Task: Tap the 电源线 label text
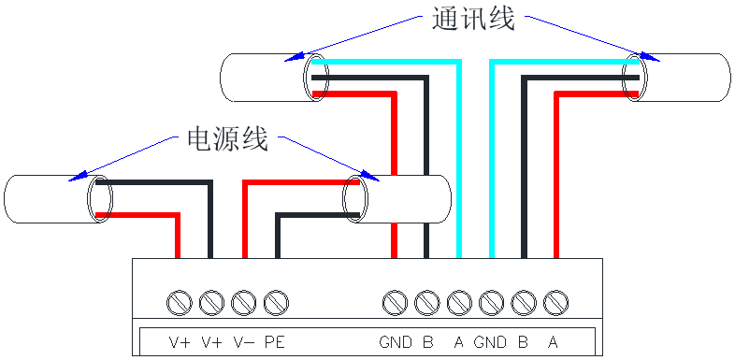tap(227, 139)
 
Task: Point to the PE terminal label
tap(275, 342)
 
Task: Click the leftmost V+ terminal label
tap(180, 342)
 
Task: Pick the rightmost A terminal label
tap(554, 342)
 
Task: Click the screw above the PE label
tap(275, 302)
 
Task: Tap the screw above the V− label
tap(243, 302)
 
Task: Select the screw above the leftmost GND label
tap(396, 302)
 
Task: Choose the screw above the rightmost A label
tap(555, 302)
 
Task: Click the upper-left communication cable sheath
tap(262, 78)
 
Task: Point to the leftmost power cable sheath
tap(47, 199)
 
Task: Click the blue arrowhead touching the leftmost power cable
tap(77, 175)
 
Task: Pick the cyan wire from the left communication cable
tap(459, 159)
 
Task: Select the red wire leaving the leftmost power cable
tap(177, 234)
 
